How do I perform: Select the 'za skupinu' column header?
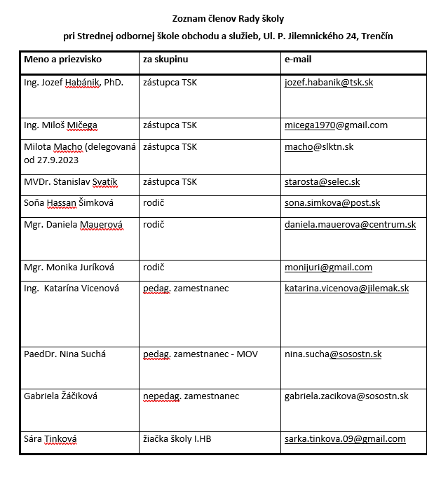[x=165, y=60]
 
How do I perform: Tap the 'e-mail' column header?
[x=297, y=60]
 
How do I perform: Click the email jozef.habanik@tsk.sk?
[x=329, y=83]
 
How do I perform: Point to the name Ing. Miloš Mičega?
[x=60, y=125]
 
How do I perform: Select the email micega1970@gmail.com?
[x=336, y=125]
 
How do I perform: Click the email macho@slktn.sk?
[x=319, y=147]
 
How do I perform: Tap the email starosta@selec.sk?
[x=322, y=182]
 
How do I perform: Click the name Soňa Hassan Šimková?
[x=69, y=203]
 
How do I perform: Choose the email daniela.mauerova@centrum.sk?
[x=350, y=225]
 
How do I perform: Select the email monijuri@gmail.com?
[x=328, y=268]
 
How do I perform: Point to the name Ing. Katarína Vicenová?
[x=72, y=289]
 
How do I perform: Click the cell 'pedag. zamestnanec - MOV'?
[x=201, y=354]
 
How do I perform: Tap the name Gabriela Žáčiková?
[x=60, y=396]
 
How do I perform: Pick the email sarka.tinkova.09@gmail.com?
[x=345, y=439]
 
